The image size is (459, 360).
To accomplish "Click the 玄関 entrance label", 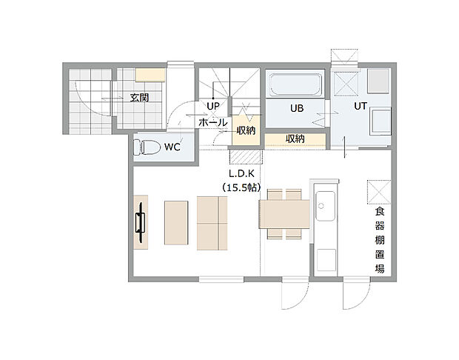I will pos(140,98).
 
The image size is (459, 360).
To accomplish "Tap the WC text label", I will pos(172,147).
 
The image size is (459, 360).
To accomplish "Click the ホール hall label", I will pos(212,122).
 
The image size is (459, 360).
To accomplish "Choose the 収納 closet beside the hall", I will pos(246,130).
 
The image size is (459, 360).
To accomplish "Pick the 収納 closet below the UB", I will pos(295,139).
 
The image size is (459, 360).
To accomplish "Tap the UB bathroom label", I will pos(296,108).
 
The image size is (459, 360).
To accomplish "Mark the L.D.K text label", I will pos(241,176).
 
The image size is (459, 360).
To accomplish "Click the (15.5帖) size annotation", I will pos(241,189).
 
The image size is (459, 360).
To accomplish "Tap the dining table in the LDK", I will pos(284,215).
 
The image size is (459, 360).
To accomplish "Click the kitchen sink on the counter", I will pos(325,201).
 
